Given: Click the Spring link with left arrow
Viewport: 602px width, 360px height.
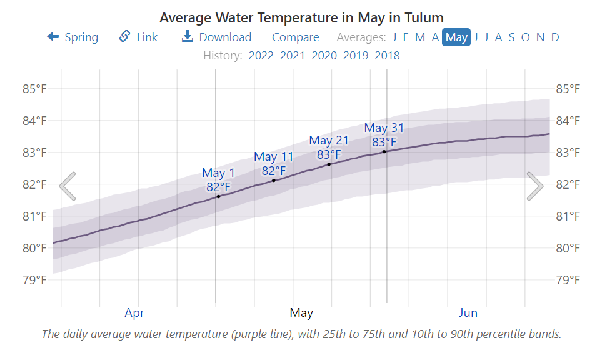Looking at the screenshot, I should [73, 37].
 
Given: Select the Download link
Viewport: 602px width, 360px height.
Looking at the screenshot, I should [216, 37].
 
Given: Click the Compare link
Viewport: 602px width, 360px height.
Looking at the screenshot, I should [295, 37].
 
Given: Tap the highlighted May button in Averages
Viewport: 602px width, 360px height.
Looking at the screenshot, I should [456, 37].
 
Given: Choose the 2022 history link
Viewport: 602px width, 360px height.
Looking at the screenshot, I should [261, 56].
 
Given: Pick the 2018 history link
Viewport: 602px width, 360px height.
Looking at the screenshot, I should [387, 56].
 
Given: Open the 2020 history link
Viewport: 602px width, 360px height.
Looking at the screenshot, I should [324, 56].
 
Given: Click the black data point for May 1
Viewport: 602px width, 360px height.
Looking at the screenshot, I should [218, 197].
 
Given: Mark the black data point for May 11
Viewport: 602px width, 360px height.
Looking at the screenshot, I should [274, 181].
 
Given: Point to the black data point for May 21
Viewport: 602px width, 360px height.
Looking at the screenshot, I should [329, 164].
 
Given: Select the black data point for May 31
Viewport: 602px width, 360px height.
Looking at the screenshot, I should [384, 152].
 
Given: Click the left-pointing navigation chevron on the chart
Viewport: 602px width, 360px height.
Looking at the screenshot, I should [68, 186].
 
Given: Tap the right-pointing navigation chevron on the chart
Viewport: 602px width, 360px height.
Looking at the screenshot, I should [534, 186].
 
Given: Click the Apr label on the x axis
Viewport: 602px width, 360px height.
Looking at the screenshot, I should [134, 313].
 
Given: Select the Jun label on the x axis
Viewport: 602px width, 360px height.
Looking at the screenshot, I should [468, 313].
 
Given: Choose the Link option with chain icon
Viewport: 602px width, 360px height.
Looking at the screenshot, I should [139, 37].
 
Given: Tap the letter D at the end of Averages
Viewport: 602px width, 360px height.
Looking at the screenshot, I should [555, 37].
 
